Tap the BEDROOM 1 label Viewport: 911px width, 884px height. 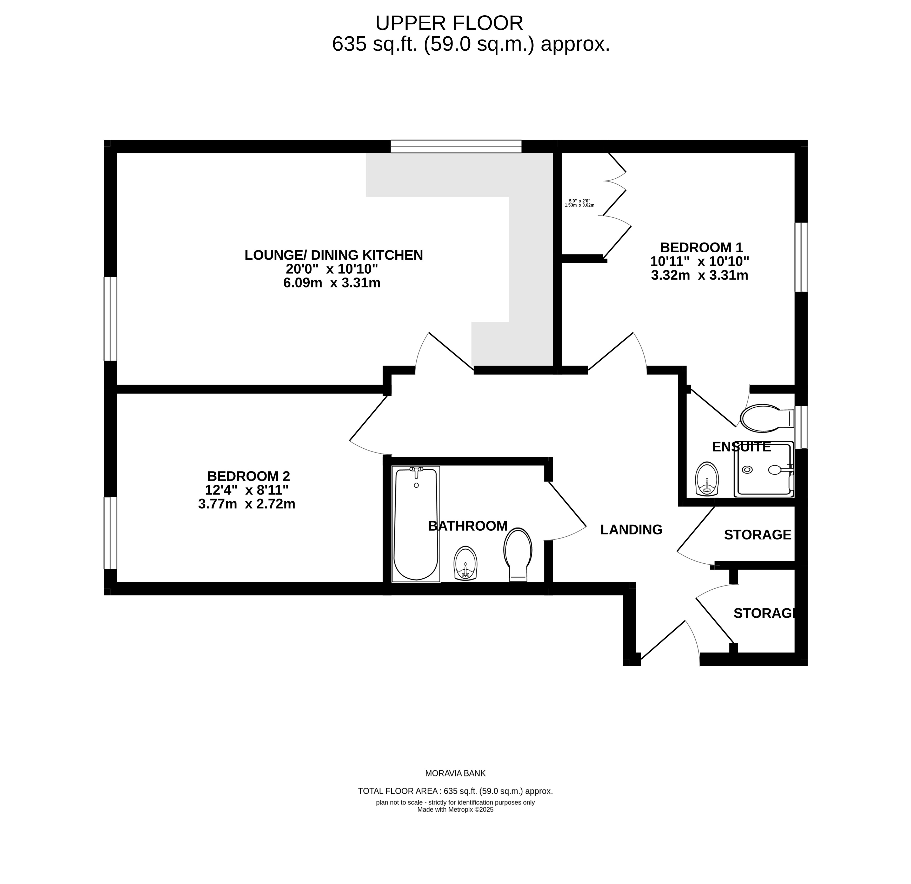(701, 247)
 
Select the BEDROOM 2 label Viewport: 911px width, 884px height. (249, 476)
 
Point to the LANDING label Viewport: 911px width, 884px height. (631, 530)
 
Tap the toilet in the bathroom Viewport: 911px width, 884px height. (518, 554)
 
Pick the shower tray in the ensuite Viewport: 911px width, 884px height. (764, 469)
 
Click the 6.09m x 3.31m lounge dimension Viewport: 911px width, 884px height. (332, 283)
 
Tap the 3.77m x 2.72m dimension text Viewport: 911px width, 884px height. (247, 504)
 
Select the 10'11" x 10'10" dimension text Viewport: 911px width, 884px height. (700, 261)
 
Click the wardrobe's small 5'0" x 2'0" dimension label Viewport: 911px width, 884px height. (580, 201)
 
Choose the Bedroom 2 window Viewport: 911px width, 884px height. (110, 533)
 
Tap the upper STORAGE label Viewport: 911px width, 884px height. (758, 535)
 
